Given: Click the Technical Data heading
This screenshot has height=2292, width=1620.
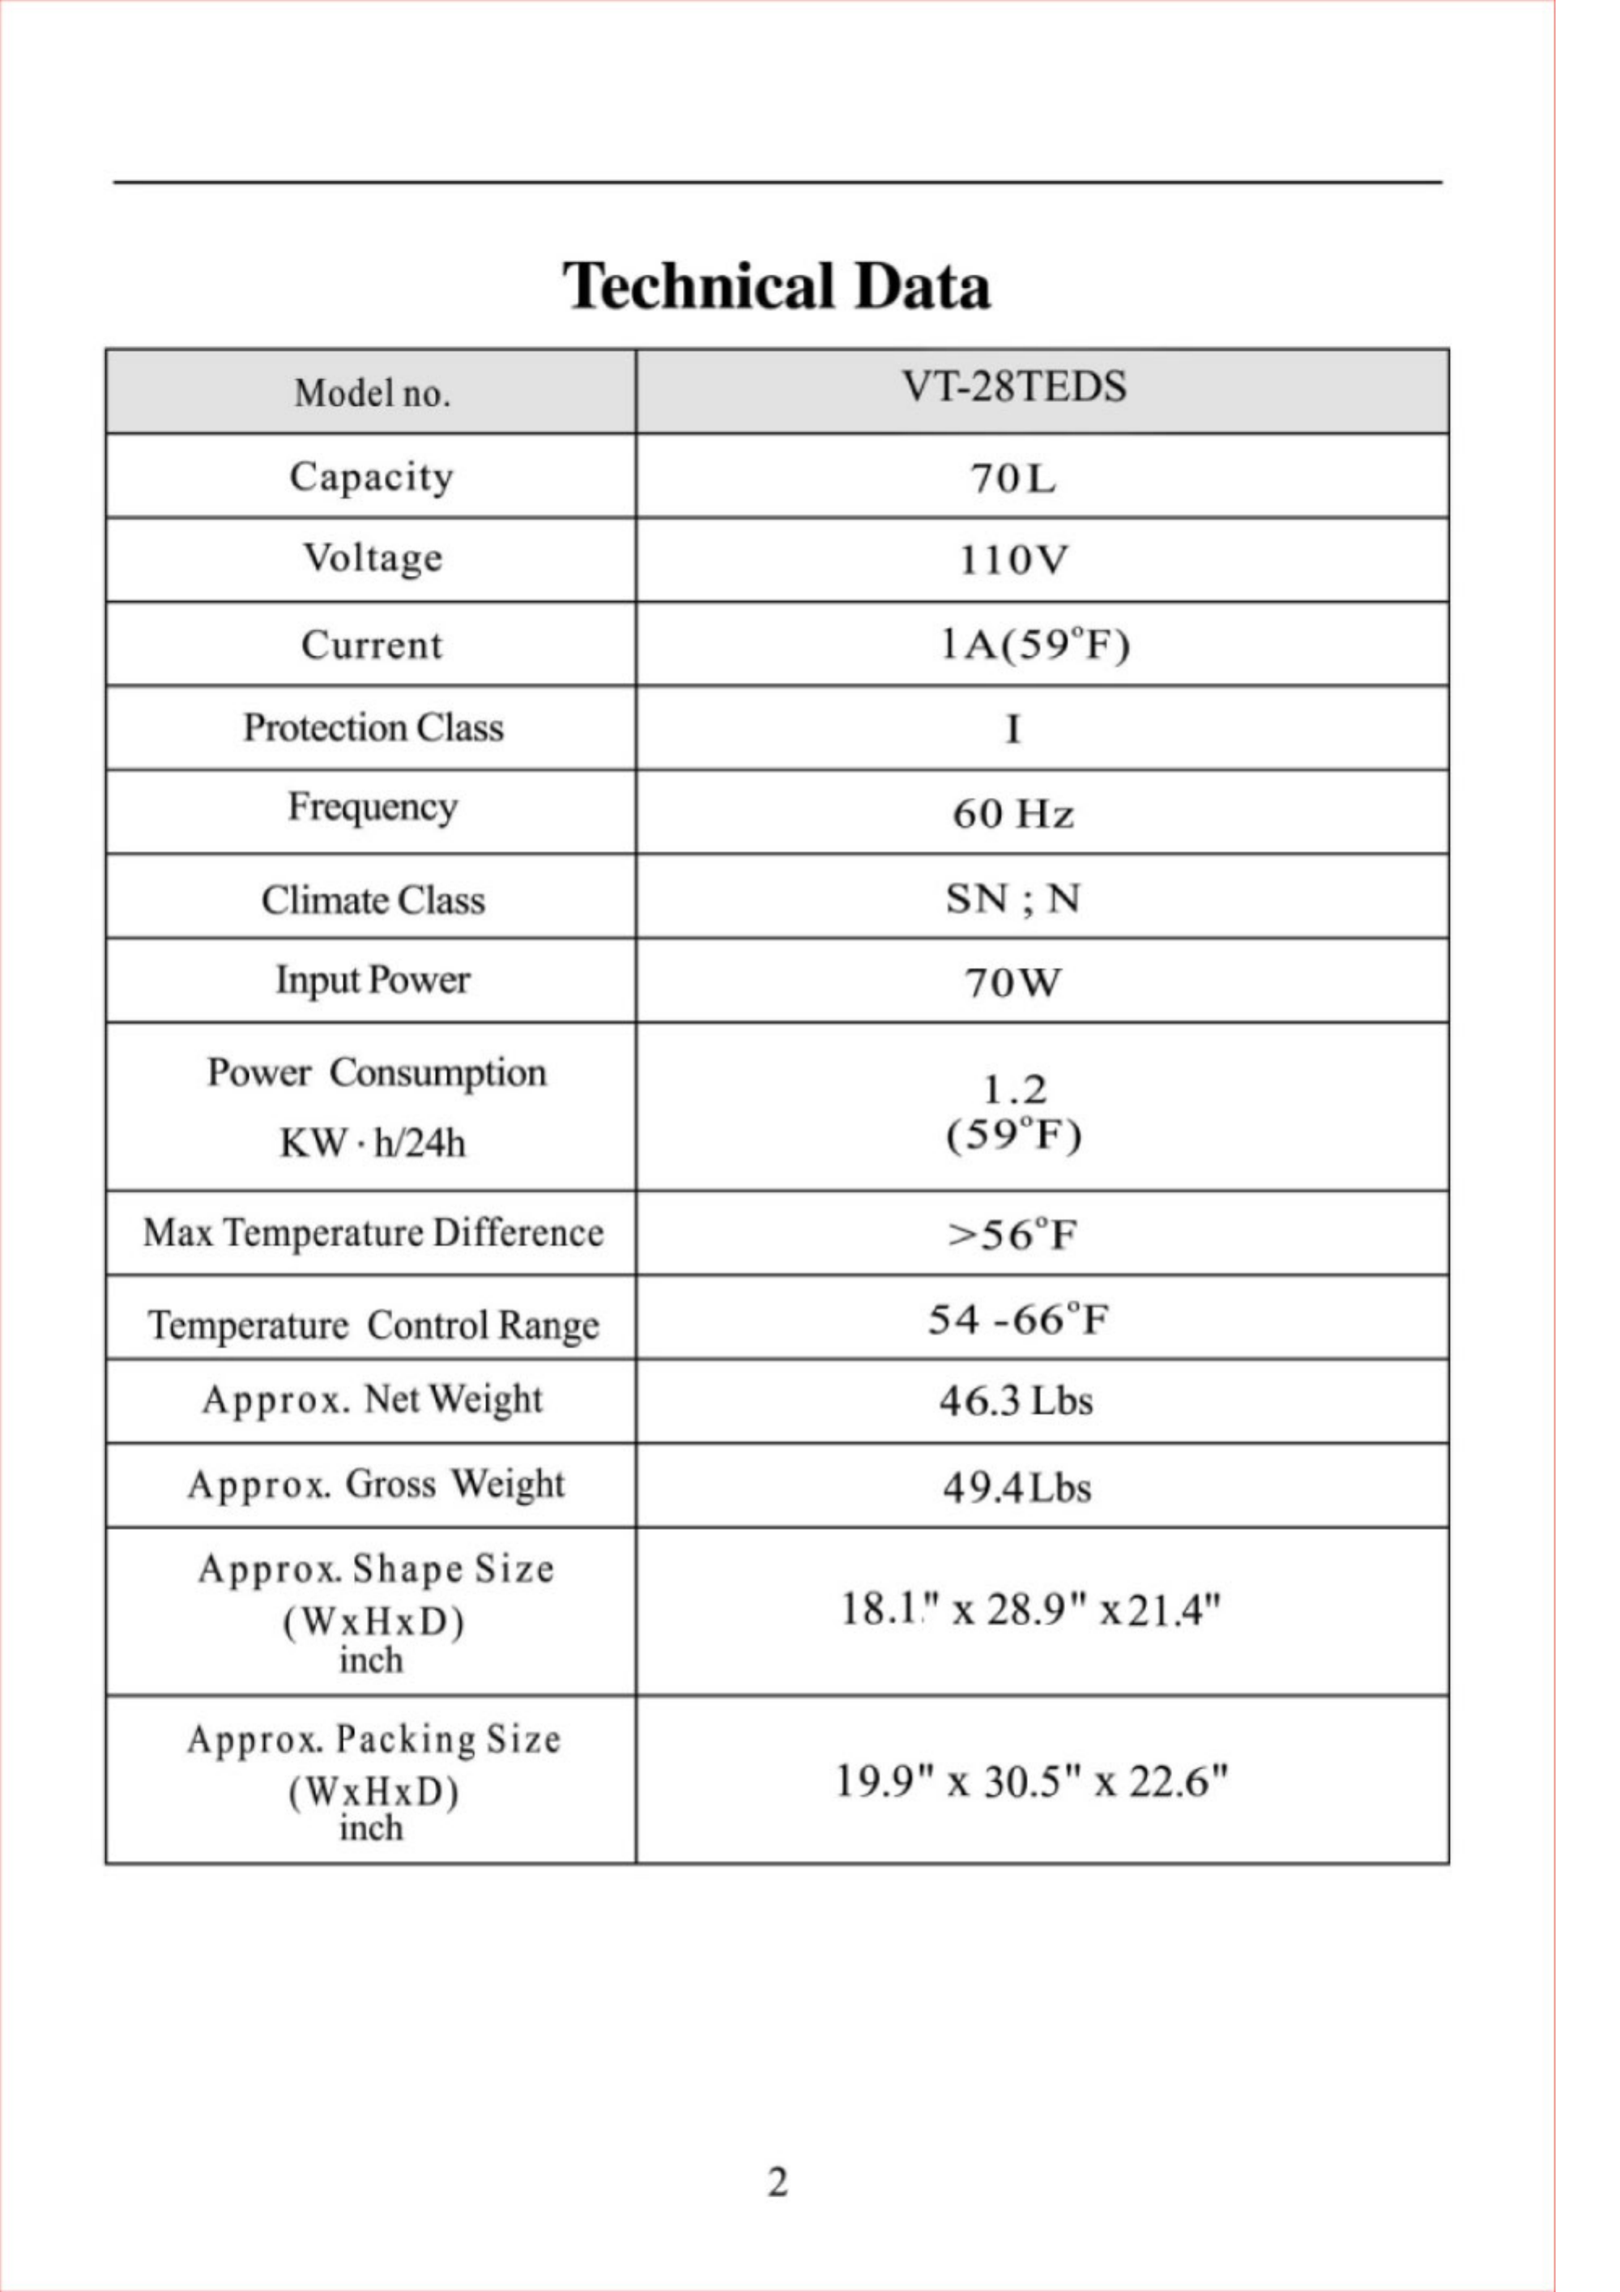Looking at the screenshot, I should [777, 287].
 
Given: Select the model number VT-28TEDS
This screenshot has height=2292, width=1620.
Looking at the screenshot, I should [1013, 387].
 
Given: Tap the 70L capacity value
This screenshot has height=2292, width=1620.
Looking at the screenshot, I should [1013, 479].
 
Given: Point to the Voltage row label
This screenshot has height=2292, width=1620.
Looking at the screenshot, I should [373, 559].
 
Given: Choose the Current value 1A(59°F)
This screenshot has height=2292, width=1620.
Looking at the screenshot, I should [1035, 645].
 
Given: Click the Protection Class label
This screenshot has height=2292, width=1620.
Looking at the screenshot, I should [373, 728].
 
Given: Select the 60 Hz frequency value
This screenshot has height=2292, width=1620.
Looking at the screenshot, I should [1013, 814].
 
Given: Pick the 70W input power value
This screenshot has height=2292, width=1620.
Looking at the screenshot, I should [1013, 983].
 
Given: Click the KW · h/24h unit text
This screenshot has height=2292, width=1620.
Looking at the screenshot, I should [373, 1143].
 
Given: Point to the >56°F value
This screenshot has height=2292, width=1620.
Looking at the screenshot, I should [1013, 1235].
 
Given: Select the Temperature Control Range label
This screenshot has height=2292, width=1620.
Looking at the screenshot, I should [373, 1326].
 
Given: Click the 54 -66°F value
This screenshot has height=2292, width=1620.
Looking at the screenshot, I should [1018, 1319].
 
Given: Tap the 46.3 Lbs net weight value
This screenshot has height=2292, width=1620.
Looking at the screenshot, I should [1015, 1402].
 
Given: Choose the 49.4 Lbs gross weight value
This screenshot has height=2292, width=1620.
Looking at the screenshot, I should [1016, 1489].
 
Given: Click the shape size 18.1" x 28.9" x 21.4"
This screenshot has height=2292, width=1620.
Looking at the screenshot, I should [1030, 1609].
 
